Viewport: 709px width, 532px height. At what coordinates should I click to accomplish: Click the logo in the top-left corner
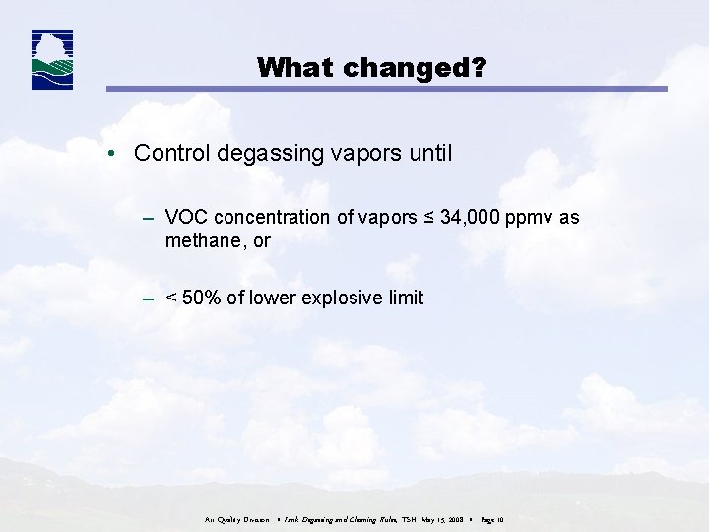(x=52, y=60)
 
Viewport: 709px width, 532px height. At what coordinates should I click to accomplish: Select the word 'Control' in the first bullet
(x=170, y=153)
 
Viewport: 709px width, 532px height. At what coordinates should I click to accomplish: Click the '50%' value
(x=203, y=298)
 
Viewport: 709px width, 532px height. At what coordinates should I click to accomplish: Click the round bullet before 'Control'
(x=115, y=154)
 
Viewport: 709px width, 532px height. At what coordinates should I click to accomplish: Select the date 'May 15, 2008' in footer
(x=437, y=519)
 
